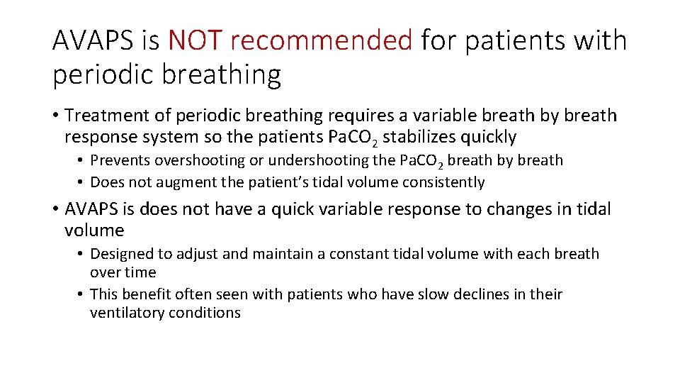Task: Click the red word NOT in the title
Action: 196,41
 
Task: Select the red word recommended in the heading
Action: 322,41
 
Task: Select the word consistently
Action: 443,183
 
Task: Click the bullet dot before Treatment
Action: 55,116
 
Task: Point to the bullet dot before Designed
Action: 81,254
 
